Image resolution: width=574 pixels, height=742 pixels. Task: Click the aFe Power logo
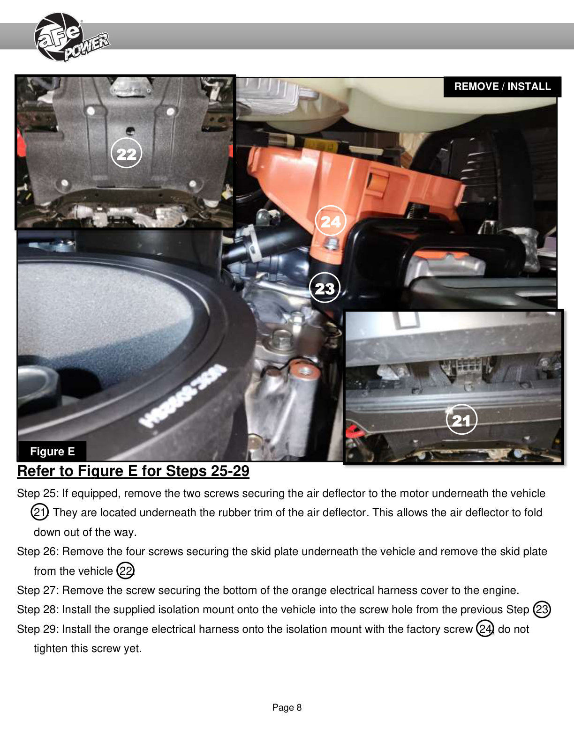(x=71, y=37)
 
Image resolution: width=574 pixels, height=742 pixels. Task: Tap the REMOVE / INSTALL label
(x=502, y=86)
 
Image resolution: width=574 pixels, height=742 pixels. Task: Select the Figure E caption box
(x=53, y=451)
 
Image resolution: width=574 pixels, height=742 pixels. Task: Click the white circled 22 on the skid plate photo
(x=127, y=153)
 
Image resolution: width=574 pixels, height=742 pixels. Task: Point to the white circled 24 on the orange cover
(x=330, y=221)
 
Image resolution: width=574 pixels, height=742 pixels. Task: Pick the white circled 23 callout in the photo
(x=325, y=288)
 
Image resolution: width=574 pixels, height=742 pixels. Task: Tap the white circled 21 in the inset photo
(x=461, y=419)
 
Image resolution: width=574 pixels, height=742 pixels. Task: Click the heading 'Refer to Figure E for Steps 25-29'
(x=133, y=471)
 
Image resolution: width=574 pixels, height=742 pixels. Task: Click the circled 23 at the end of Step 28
(x=542, y=609)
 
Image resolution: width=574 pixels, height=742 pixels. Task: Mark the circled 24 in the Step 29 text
(x=485, y=629)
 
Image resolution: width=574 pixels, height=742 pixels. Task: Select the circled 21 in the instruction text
(x=40, y=512)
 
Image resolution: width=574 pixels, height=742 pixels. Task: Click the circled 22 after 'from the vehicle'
(x=126, y=571)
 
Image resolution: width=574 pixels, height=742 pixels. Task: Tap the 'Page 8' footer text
(x=287, y=707)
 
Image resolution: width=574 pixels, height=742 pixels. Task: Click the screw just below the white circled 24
(x=330, y=244)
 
